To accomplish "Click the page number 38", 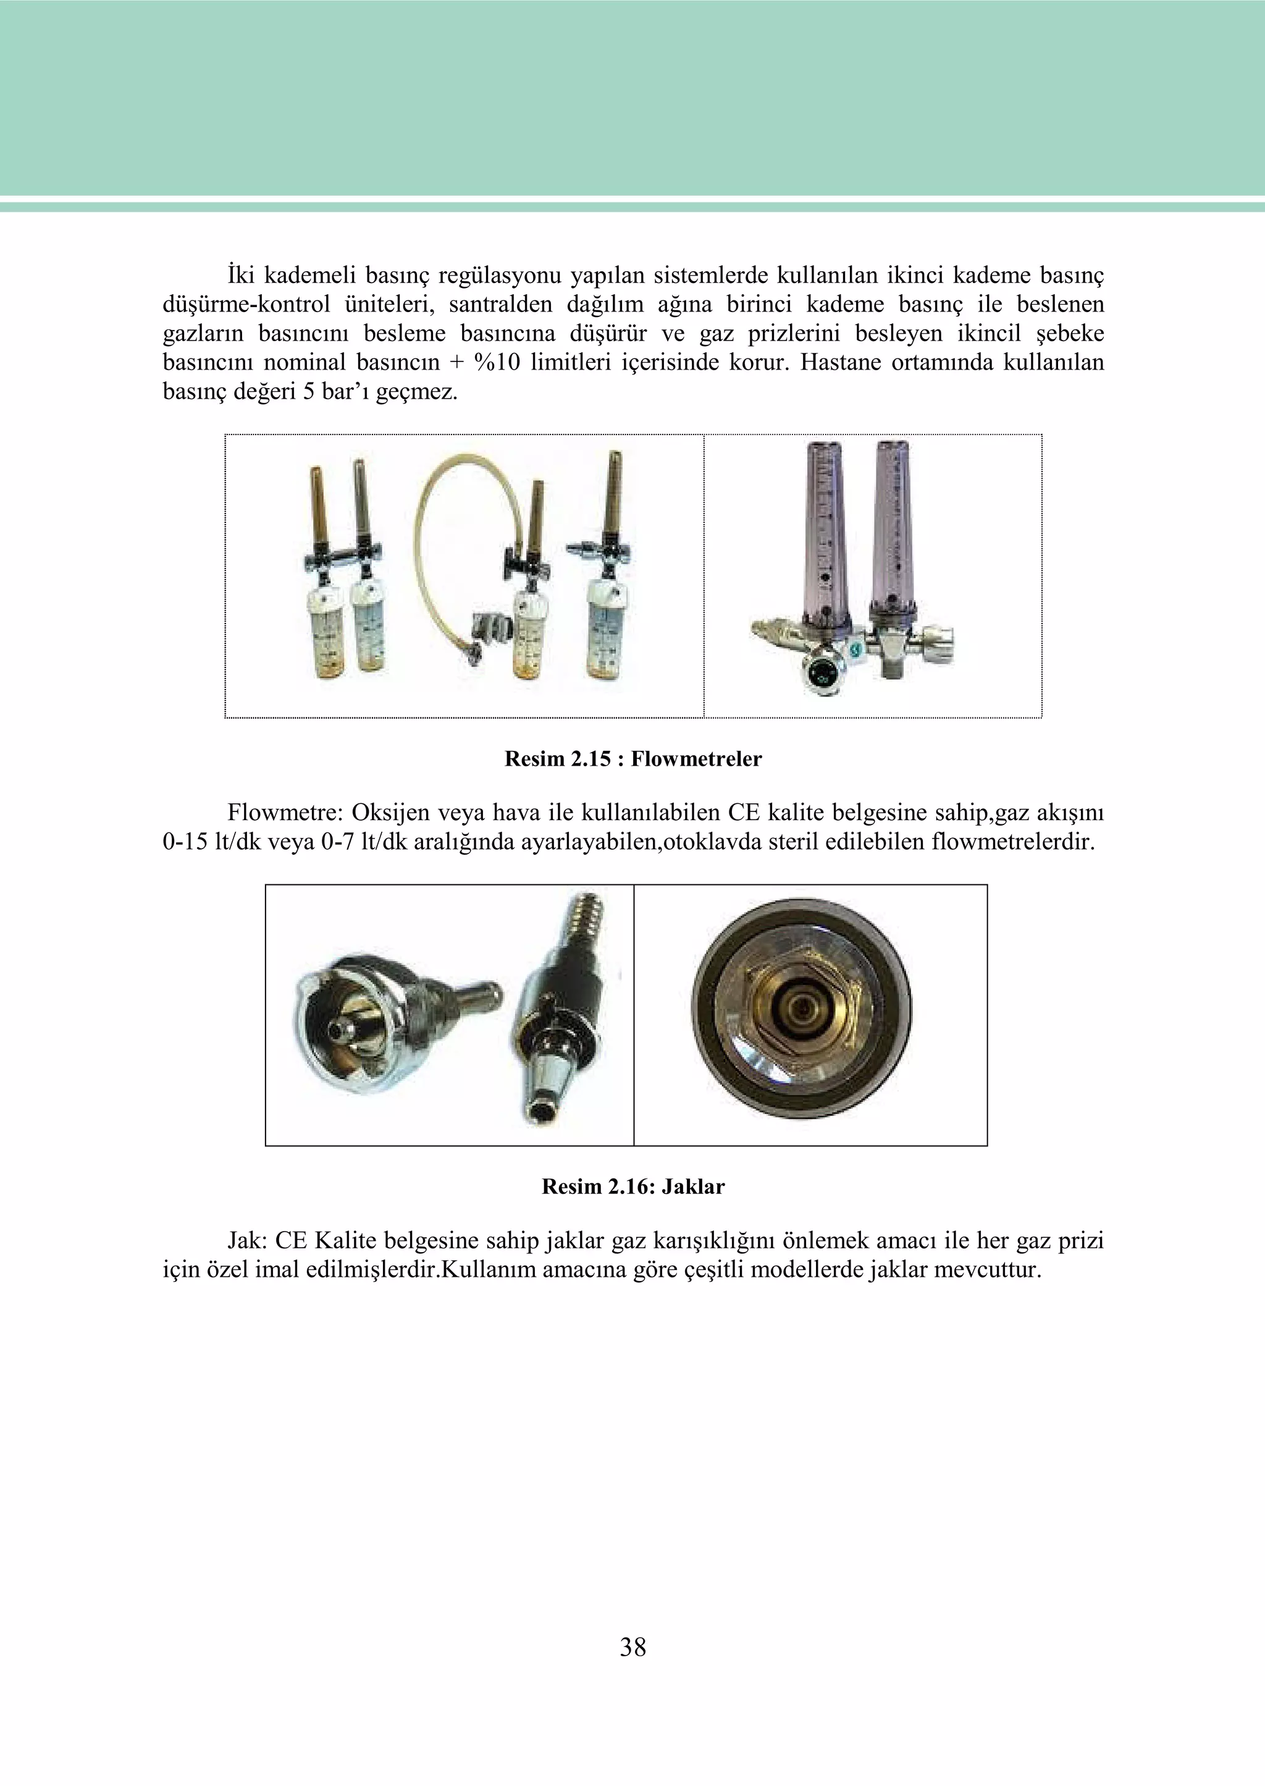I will [x=632, y=1646].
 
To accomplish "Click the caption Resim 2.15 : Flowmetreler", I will [x=632, y=759].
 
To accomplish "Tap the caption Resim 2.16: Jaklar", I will [x=632, y=1187].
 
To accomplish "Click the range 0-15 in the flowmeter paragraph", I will [x=183, y=842].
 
